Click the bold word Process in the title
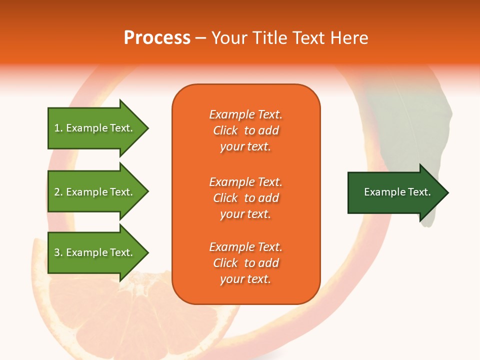click(157, 38)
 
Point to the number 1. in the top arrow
click(58, 128)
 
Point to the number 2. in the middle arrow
click(58, 192)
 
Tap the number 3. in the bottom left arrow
click(58, 252)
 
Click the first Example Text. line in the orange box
click(245, 114)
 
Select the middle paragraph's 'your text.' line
click(245, 214)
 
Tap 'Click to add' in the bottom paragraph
click(245, 263)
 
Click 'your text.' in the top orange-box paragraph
click(245, 146)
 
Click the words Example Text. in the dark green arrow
click(397, 192)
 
